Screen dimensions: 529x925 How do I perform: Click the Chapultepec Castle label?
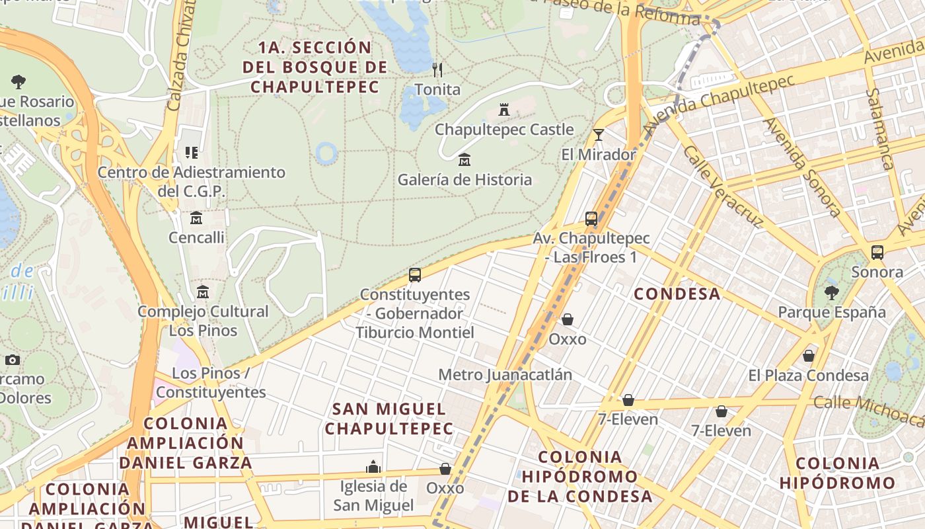coord(504,130)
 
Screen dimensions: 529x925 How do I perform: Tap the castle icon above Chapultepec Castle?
coord(504,109)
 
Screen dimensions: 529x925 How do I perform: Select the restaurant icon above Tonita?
coord(437,69)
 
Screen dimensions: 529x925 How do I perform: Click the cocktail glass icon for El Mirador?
coord(599,135)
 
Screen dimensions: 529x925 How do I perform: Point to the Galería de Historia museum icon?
coord(464,160)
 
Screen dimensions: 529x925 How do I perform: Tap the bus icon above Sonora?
coord(877,253)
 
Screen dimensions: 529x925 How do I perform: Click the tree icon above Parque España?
coord(832,292)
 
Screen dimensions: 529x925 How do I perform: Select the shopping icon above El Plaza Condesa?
coord(808,356)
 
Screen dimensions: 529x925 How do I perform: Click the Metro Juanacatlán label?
coord(505,375)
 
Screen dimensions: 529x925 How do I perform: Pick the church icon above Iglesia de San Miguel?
coord(373,467)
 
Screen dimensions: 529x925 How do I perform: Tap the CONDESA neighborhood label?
coord(677,294)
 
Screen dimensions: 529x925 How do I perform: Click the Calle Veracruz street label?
coord(723,187)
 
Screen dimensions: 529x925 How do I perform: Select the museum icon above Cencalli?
coord(196,218)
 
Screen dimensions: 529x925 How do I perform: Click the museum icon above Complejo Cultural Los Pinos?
coord(203,292)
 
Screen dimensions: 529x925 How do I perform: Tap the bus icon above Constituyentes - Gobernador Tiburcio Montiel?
coord(415,275)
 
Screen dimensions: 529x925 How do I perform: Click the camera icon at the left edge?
coord(12,360)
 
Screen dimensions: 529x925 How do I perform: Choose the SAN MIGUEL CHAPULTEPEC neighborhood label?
coord(389,419)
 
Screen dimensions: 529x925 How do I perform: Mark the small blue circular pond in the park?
coord(326,153)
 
